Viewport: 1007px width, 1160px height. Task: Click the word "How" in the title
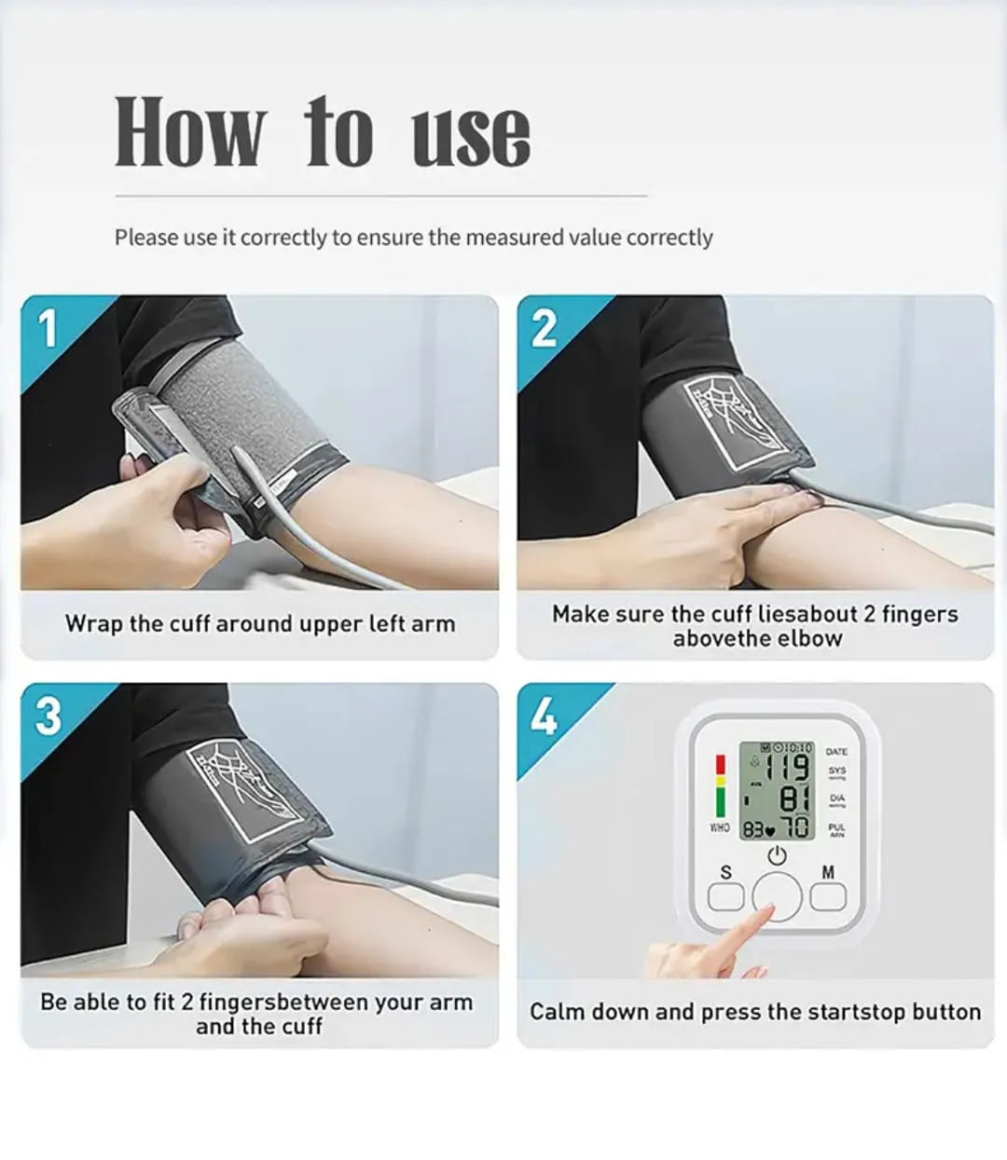coord(189,132)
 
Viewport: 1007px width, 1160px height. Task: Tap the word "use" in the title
coord(471,135)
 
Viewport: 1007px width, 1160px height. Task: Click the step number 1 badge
coord(48,328)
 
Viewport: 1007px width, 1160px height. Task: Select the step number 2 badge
coord(544,328)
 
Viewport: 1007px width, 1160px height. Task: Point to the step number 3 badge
coord(48,716)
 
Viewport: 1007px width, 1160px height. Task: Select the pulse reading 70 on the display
coord(795,827)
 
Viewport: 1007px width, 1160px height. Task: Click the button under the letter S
coord(726,896)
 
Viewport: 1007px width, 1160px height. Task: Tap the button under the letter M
coord(827,896)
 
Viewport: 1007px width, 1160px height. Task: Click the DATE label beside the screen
coord(836,751)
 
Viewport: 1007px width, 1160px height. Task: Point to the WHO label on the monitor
coord(720,827)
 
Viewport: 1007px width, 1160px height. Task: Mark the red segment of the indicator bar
coord(720,765)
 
